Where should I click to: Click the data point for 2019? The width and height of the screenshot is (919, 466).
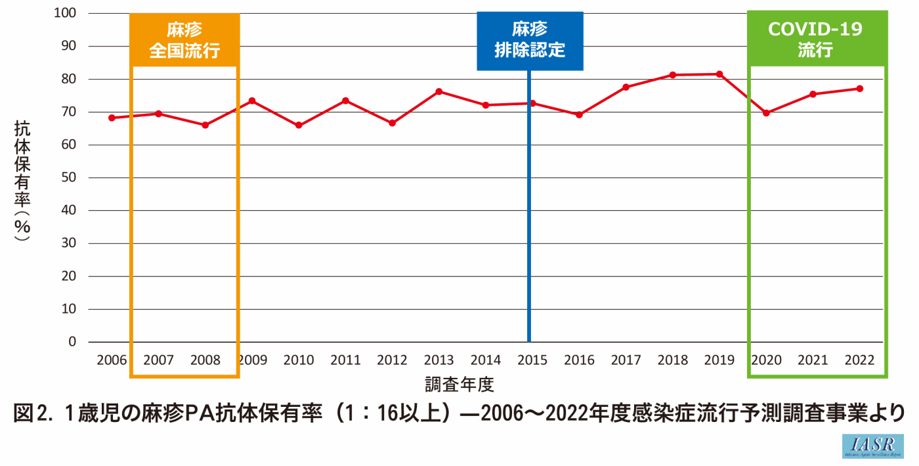[719, 74]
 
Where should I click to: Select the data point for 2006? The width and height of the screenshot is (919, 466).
[112, 118]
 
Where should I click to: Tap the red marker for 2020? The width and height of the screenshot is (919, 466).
[766, 113]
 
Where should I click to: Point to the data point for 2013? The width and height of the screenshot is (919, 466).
[438, 91]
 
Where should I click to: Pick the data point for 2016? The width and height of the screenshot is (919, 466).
[579, 115]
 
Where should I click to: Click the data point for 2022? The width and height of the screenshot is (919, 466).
[860, 89]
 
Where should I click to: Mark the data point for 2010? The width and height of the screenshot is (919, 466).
[299, 125]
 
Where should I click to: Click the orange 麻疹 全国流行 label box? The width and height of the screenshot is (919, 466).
[184, 40]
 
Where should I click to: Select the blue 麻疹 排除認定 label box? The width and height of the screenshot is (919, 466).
[530, 40]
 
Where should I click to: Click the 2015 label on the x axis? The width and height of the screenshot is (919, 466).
[532, 360]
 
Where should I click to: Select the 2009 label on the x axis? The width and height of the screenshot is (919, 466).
[251, 360]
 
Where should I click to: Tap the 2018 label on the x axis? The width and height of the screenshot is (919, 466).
[673, 360]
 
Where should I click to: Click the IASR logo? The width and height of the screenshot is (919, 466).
[873, 446]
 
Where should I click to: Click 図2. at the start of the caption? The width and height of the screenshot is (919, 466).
[33, 413]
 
